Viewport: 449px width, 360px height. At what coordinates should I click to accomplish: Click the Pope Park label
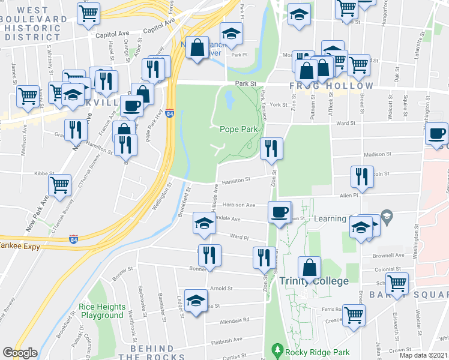pos(239,128)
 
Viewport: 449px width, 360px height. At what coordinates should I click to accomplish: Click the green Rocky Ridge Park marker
pos(277,349)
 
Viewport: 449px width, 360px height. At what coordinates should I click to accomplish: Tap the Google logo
pos(20,353)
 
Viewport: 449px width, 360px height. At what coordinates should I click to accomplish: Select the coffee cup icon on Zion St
pos(280,212)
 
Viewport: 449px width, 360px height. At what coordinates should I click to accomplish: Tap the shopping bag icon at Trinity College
pos(310,267)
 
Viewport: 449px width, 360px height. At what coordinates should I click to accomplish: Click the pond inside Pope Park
pos(229,99)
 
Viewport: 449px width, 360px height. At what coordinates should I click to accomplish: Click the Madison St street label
pos(378,153)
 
